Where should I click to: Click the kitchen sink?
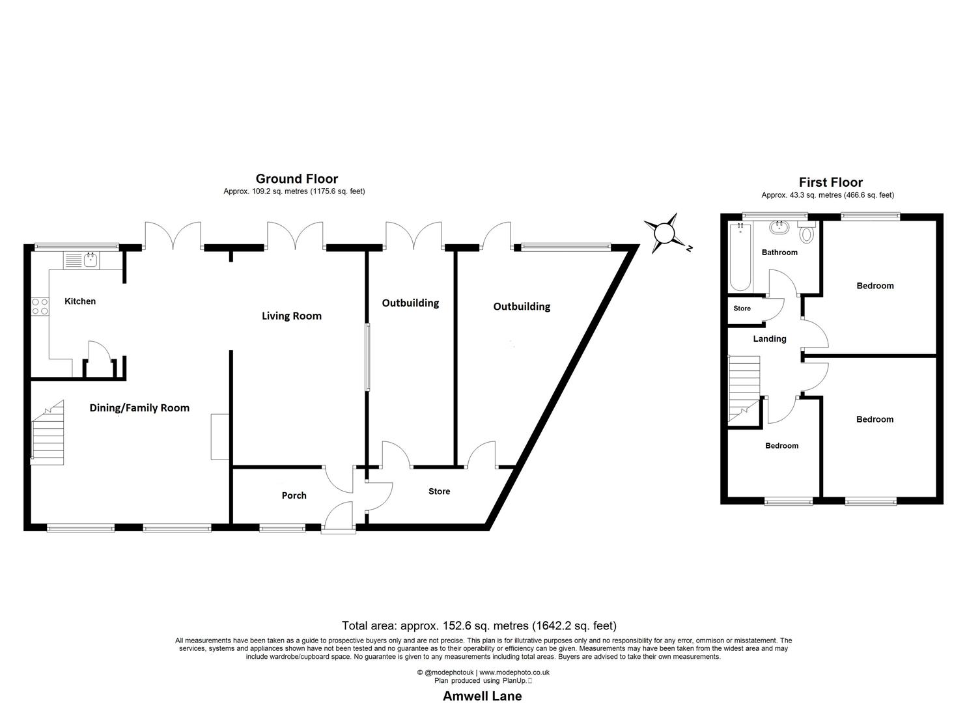point(81,260)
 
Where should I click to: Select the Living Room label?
point(292,316)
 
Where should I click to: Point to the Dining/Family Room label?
point(139,408)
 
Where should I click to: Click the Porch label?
point(294,495)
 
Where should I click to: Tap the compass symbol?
point(665,234)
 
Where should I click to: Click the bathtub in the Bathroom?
point(740,257)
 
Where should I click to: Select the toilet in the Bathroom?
point(806,231)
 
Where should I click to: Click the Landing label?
point(770,338)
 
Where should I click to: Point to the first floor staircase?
point(744,389)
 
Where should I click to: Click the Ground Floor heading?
point(297,178)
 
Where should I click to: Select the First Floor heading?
point(831,182)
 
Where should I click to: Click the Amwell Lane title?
point(483,696)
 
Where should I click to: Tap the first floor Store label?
point(742,309)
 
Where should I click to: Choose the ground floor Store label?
point(439,491)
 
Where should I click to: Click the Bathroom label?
point(779,253)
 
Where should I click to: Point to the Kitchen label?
point(80,301)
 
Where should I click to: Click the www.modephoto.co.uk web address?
point(514,672)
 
